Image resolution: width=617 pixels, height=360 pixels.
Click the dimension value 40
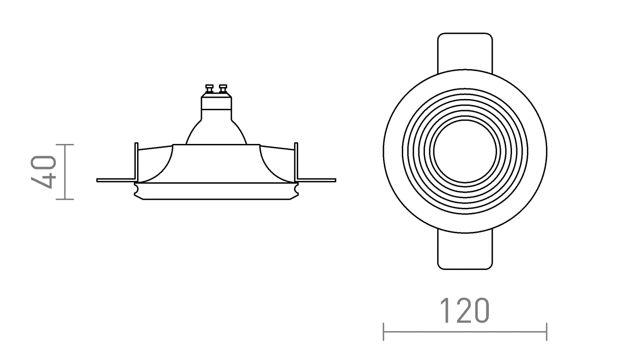tap(44, 172)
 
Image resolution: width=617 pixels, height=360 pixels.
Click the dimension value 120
tap(464, 310)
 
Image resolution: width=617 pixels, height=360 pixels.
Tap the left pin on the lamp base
tap(209, 89)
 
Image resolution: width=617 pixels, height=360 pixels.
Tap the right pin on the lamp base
tap(222, 89)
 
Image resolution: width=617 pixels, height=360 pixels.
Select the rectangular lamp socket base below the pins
tap(216, 103)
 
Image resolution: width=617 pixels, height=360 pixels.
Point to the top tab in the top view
tap(465, 49)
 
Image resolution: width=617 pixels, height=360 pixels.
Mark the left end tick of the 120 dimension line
tap(384, 331)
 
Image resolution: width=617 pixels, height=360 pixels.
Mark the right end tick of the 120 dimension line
tap(547, 331)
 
